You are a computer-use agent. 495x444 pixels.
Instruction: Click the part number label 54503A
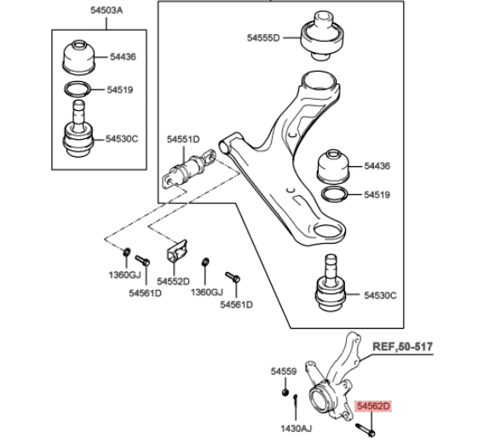pos(106,10)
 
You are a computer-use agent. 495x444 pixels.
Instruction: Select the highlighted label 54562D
pos(373,407)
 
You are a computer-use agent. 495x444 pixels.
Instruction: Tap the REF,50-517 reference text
pos(402,346)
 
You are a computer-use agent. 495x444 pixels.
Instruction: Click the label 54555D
pos(263,37)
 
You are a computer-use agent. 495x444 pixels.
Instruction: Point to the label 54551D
pos(183,139)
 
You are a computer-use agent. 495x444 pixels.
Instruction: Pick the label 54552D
pos(173,281)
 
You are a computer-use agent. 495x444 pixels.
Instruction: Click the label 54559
pos(284,372)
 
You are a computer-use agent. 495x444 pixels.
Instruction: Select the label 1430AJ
pos(296,429)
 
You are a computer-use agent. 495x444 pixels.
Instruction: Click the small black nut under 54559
pos(285,392)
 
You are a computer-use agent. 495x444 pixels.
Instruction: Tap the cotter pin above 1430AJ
pos(296,401)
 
